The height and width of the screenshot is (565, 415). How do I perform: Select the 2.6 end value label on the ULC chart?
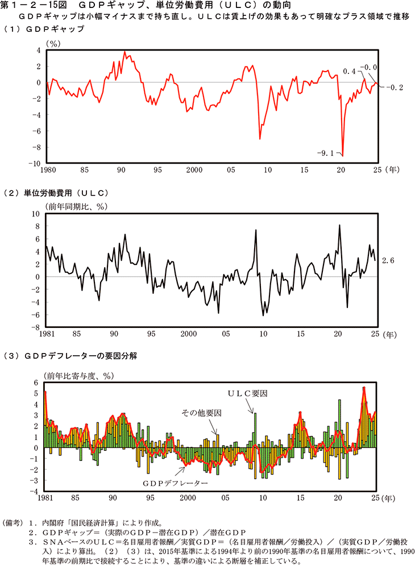[388, 260]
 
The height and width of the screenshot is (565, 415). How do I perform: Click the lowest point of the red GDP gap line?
[342, 155]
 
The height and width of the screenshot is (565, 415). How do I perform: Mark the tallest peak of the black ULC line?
[339, 225]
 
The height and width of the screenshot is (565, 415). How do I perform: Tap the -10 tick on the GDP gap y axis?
[34, 163]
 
